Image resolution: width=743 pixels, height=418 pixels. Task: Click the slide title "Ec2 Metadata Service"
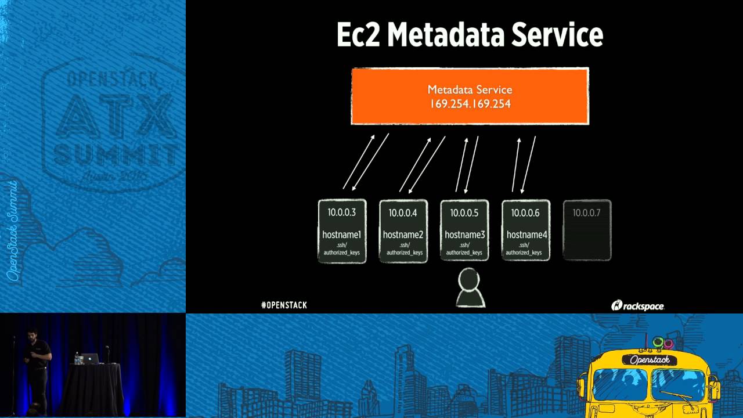point(470,35)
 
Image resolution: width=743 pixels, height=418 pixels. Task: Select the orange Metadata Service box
point(470,96)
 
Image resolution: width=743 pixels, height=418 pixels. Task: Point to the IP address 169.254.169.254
point(470,105)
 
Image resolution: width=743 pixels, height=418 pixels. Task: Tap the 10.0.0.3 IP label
point(342,212)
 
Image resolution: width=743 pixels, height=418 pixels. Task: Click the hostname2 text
point(403,235)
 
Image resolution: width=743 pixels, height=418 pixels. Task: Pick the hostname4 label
point(525,235)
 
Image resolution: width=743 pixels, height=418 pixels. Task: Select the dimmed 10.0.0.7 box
point(587,230)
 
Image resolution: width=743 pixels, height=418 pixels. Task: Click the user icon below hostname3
point(470,289)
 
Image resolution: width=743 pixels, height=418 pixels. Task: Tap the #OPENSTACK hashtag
point(284,305)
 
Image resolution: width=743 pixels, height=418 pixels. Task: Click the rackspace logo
point(637,305)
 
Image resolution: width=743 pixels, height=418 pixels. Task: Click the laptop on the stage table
point(89,359)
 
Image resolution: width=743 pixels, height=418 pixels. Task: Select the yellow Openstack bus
point(647,380)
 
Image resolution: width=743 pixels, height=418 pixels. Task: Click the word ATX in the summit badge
point(114,116)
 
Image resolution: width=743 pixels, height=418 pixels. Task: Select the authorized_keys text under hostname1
point(342,253)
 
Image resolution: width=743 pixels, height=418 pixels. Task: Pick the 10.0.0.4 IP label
point(403,212)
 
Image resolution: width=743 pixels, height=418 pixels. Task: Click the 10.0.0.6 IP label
point(525,212)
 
